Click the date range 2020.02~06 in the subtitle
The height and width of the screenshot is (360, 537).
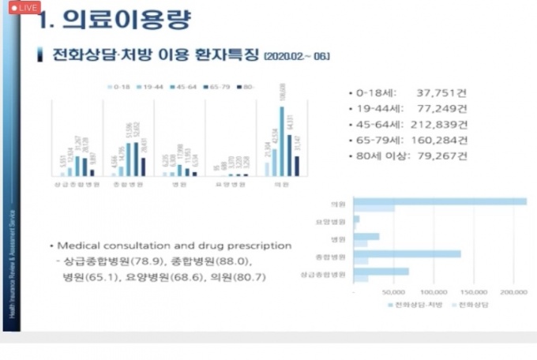[298, 56]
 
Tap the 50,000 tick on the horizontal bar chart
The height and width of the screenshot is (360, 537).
[393, 291]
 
